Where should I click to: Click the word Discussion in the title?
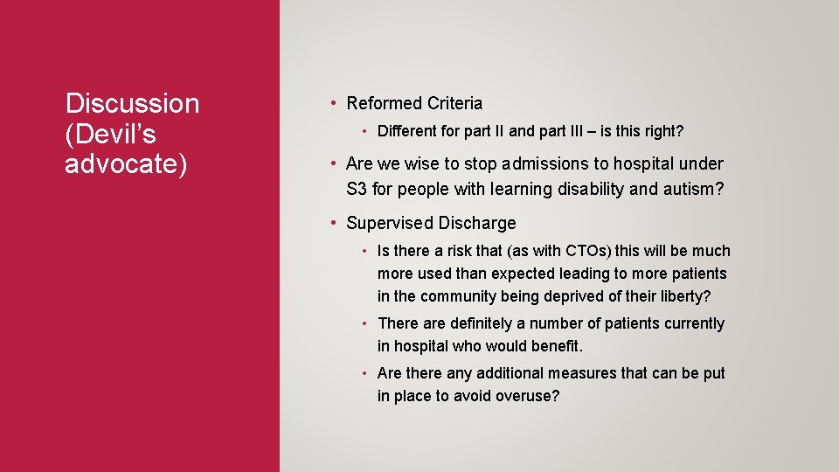[132, 104]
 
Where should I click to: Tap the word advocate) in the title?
[126, 164]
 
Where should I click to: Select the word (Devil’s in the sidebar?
[110, 134]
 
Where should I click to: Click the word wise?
[419, 164]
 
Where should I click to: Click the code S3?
[357, 188]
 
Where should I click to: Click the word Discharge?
[476, 224]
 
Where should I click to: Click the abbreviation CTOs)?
[569, 252]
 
